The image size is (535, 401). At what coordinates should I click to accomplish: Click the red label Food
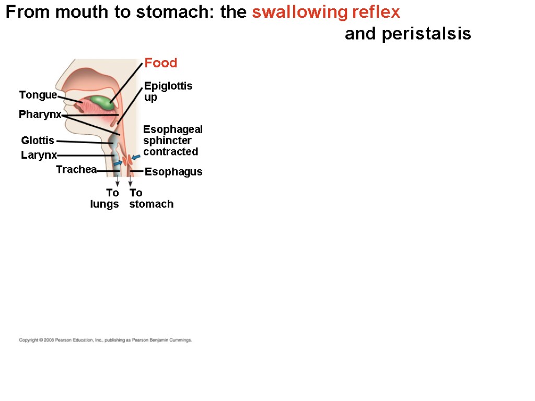click(160, 63)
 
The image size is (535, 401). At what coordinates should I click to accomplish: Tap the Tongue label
click(38, 95)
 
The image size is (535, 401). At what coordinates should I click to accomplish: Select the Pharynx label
click(40, 114)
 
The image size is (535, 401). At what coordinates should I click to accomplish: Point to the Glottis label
click(38, 140)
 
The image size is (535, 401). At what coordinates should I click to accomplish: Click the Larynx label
click(39, 155)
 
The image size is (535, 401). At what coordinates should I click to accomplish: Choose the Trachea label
click(76, 170)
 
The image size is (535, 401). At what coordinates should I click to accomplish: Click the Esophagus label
click(173, 172)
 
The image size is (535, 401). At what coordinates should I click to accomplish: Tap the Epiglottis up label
click(168, 91)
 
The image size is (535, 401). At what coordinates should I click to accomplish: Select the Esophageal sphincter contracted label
click(172, 140)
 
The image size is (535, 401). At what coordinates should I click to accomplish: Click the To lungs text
click(105, 198)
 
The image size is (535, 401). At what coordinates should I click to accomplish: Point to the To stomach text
click(150, 198)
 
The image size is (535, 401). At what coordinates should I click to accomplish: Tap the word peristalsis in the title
click(426, 34)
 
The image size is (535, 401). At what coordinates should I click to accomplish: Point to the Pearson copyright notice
click(106, 340)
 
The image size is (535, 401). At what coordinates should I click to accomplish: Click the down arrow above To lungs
click(117, 182)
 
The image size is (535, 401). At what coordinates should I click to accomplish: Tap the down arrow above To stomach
click(130, 182)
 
